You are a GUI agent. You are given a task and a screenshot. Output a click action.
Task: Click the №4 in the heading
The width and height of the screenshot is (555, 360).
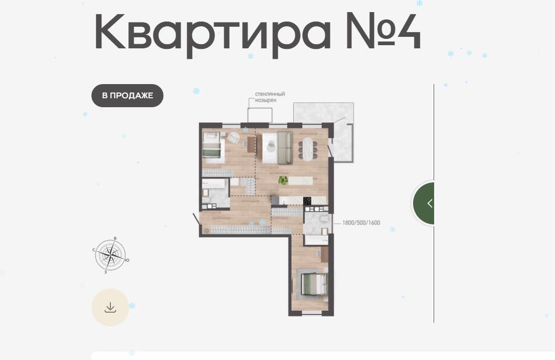pos(383,30)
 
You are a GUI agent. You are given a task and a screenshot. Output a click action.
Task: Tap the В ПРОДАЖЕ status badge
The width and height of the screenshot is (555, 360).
pos(127,96)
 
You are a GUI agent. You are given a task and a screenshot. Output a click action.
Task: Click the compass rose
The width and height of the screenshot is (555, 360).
pos(111,254)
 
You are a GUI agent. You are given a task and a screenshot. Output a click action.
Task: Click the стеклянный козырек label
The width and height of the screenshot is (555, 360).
pos(270,97)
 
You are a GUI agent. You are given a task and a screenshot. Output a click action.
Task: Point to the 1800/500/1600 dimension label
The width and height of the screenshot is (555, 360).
pos(361,223)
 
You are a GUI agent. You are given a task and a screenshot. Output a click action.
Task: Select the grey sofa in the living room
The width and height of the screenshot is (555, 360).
pos(285,148)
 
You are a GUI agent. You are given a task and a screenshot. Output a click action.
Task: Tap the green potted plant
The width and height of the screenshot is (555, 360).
pos(283,180)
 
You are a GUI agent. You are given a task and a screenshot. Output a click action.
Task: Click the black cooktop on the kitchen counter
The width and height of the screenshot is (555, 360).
pos(307,201)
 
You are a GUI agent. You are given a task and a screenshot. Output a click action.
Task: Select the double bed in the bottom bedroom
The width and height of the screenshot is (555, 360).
pos(313,284)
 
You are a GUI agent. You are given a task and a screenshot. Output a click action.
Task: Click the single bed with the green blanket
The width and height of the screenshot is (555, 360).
pos(212,148)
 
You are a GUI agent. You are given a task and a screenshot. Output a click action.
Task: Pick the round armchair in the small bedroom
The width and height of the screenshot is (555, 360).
pos(233,138)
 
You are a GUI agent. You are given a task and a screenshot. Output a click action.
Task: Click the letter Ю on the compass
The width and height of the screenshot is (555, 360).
pos(127,261)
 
